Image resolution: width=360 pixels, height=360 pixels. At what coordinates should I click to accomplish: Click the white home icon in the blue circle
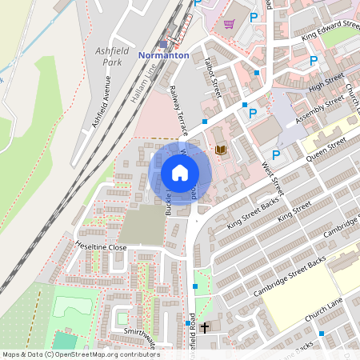(180, 173)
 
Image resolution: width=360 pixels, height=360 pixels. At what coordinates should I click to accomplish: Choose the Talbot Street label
(211, 78)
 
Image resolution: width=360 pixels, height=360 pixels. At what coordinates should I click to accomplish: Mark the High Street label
(326, 82)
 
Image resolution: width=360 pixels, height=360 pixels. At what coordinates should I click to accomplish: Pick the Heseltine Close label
(101, 247)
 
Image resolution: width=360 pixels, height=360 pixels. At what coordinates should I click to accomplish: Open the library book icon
(221, 150)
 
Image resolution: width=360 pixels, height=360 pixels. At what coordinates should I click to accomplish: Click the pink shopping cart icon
(230, 23)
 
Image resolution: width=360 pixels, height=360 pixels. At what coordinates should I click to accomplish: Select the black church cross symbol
(204, 327)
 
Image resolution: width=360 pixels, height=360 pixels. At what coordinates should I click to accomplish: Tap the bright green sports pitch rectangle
(70, 306)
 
